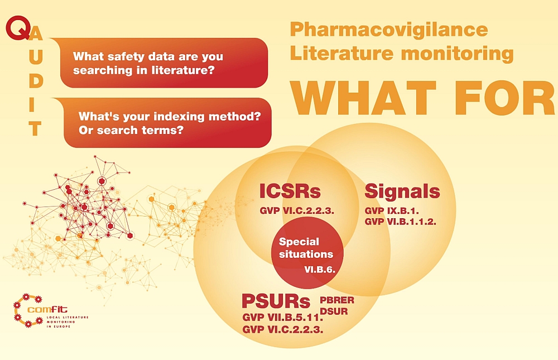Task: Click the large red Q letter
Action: pos(18,28)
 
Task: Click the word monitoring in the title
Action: pos(458,54)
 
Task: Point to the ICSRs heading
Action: pos(290,191)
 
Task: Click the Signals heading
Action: pos(402,191)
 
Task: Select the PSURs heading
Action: pos(276,301)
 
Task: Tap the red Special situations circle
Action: pos(307,253)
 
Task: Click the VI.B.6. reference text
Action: pos(320,270)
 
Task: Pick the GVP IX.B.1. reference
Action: pos(392,210)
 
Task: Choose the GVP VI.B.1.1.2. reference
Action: pos(400,222)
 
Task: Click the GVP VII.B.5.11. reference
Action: pos(282,317)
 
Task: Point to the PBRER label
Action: pos(337,300)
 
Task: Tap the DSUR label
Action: pos(334,311)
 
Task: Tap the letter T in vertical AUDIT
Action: pos(35,129)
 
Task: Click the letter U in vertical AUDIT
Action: pos(36,57)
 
